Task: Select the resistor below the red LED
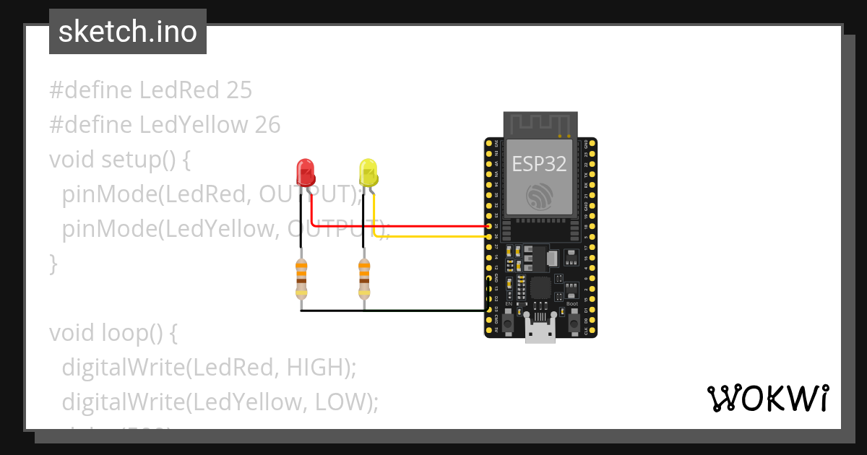(301, 279)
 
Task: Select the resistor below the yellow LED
(363, 279)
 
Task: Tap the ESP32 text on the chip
(539, 164)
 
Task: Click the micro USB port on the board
(540, 333)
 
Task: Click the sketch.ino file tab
(128, 32)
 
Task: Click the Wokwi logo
(767, 398)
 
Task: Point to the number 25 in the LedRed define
(238, 90)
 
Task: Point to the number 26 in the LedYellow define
(267, 125)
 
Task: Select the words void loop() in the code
(113, 333)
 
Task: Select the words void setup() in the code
(119, 159)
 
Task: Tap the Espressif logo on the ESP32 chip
(540, 197)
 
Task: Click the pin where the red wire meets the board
(489, 226)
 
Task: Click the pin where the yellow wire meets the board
(489, 236)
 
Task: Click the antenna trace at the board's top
(540, 123)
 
